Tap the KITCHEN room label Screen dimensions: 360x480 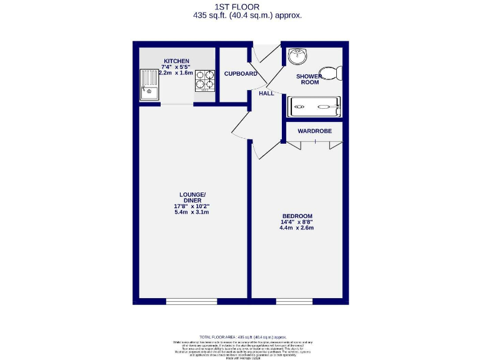coord(176,61)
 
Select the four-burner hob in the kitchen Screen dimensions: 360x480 coord(204,80)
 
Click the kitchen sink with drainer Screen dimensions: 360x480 coord(149,84)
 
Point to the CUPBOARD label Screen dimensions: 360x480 coord(241,74)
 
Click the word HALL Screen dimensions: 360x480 coord(267,93)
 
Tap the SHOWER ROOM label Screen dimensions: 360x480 coord(310,79)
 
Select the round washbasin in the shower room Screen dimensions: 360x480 coord(297,58)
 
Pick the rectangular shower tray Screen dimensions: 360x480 coord(314,106)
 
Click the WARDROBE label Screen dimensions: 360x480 coord(314,131)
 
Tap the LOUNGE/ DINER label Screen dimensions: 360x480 coord(191,197)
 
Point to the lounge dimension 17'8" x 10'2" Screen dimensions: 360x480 coord(191,206)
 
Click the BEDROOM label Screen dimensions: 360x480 coord(296,216)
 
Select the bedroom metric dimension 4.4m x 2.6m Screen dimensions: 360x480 coord(296,228)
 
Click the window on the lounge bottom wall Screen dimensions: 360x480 coord(191,302)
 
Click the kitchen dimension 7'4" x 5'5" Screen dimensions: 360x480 coord(176,67)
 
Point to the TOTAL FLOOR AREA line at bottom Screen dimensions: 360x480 coord(239,337)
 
